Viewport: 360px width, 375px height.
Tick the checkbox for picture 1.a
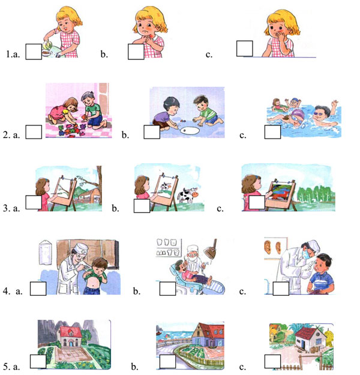pos(34,52)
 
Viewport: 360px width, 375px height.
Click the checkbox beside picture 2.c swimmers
pos(272,132)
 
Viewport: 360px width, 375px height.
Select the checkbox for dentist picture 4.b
pos(167,289)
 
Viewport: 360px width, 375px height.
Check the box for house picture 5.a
pos(38,361)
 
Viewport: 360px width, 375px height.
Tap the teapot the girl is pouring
pos(47,44)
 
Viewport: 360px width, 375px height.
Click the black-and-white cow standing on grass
pos(188,195)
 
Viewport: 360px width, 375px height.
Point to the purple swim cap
pos(298,113)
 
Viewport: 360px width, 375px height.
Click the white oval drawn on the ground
pos(190,131)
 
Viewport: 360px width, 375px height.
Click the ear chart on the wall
pos(272,248)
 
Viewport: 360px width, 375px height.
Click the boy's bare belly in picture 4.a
pos(92,285)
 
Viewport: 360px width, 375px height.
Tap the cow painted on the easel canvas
pos(165,186)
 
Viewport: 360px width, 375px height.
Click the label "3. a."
pos(11,208)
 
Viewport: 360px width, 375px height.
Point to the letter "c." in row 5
pos(242,367)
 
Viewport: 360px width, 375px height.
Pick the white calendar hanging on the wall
pos(45,253)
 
